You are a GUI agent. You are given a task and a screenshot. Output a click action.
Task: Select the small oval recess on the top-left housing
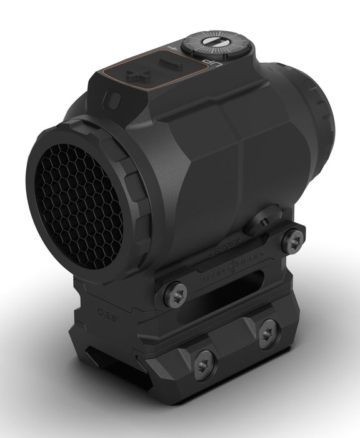114,99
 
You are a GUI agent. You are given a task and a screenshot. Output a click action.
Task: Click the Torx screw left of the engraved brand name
175,293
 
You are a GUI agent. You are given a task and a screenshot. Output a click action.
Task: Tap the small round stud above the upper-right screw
262,220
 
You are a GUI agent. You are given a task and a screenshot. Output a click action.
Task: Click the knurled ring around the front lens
128,188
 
